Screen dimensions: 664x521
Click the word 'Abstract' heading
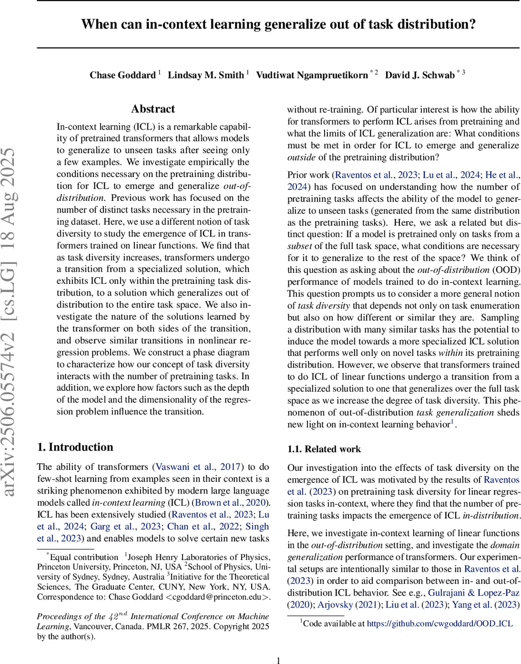point(153,109)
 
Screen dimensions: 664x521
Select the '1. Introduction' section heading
point(75,447)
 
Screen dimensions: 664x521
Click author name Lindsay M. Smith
point(207,75)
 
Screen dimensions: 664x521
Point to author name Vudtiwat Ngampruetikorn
point(312,75)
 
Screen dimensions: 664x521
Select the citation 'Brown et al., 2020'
point(235,502)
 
